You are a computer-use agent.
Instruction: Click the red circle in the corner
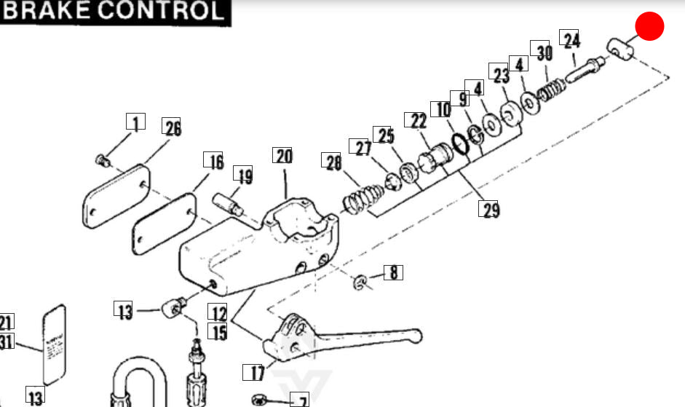[649, 27]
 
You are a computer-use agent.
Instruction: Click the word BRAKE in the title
[47, 11]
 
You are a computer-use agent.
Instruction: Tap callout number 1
[135, 122]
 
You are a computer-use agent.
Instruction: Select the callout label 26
[171, 128]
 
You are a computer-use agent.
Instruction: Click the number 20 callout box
[282, 156]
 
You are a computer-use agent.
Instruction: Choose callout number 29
[490, 210]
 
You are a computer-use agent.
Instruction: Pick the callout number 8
[393, 274]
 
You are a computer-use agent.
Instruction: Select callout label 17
[258, 374]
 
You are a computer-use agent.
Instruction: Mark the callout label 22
[418, 120]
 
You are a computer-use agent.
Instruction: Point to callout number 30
[544, 52]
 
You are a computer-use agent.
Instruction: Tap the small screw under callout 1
[102, 159]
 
